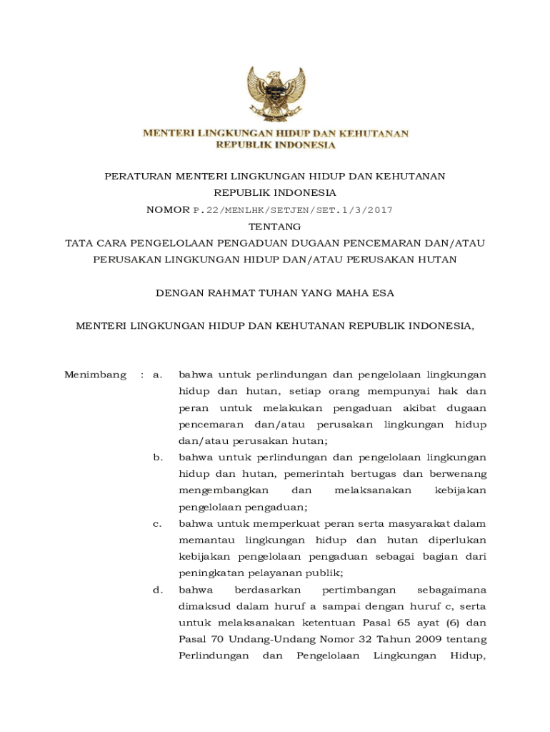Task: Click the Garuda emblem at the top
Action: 275,96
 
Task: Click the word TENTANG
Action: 275,227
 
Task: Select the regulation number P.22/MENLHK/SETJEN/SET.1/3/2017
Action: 293,210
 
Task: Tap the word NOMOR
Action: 168,210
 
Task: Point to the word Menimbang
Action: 95,375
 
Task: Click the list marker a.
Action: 158,375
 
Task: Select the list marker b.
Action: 158,457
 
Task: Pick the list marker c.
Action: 158,524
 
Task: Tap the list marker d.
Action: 158,590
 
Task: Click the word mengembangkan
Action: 224,490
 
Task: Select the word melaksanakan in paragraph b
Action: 372,490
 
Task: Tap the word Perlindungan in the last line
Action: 213,656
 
